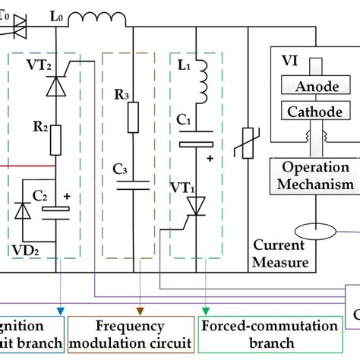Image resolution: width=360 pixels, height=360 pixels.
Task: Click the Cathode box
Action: tap(311, 112)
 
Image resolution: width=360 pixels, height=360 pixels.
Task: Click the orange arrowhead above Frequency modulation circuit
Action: tap(141, 310)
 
